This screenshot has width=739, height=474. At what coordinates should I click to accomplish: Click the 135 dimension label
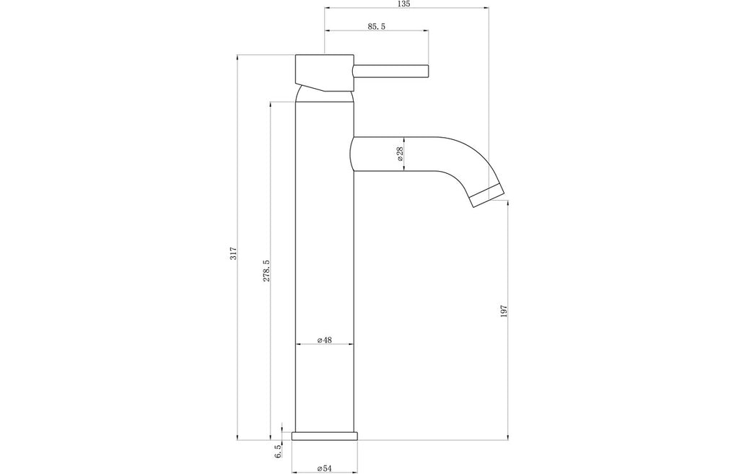coord(404,4)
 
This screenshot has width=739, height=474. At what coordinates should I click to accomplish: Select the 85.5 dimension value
coord(377,27)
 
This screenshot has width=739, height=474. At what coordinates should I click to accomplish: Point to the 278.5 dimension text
coord(266,271)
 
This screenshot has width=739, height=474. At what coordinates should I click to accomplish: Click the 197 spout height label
coord(503,312)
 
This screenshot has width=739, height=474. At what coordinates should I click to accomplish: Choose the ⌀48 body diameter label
coord(325,340)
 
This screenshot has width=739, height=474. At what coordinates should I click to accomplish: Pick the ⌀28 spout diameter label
coord(400,154)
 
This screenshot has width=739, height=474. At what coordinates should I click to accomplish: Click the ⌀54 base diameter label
coord(325,468)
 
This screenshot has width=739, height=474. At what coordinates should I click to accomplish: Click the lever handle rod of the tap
coord(390,71)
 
